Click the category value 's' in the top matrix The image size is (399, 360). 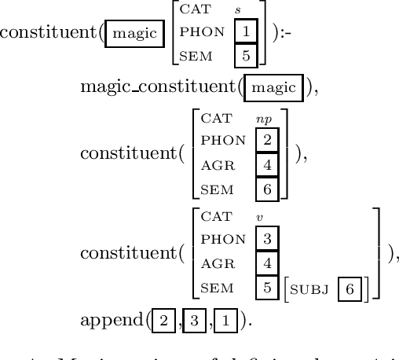238,10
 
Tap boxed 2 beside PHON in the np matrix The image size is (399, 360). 266,141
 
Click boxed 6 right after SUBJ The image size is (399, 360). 350,288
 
